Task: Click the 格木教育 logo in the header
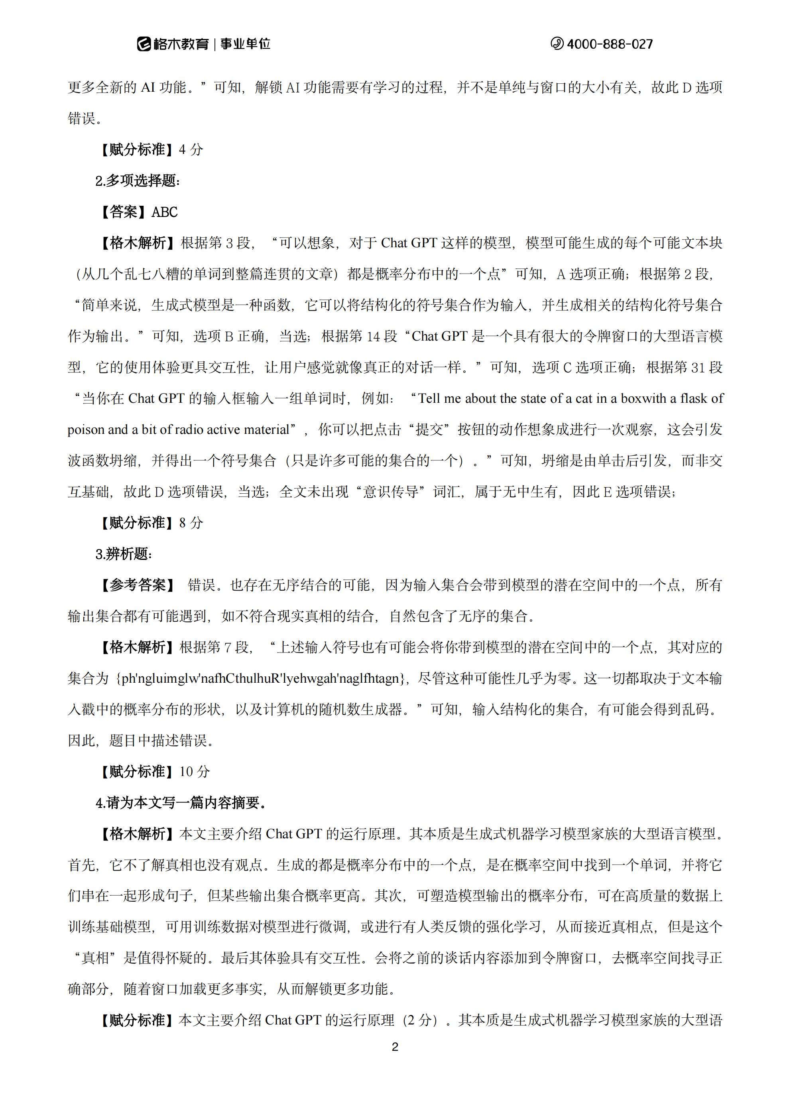[173, 44]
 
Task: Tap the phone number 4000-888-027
[609, 44]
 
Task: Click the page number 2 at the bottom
[395, 1046]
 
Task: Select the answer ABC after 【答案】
[165, 212]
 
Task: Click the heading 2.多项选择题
[138, 181]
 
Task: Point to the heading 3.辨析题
[124, 554]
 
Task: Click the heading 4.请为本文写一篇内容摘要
[180, 803]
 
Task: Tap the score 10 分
[195, 772]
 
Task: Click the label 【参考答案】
[138, 585]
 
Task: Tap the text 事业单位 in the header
[245, 44]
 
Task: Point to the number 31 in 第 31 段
[697, 367]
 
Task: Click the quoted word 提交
[429, 430]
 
